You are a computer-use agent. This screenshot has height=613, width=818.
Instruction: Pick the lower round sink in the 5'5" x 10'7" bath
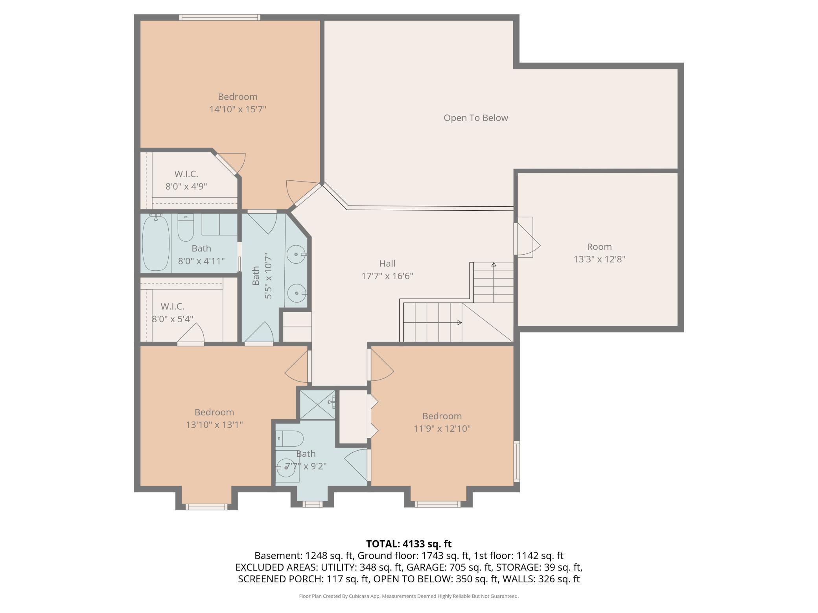(297, 293)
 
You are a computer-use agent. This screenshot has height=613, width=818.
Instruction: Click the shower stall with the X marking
(318, 405)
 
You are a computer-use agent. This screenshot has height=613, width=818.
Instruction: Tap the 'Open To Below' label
(476, 118)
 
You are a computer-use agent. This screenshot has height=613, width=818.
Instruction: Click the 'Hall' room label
(387, 264)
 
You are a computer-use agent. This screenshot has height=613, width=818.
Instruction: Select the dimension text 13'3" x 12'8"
(599, 259)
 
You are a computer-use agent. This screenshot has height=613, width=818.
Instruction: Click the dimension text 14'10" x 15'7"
(238, 109)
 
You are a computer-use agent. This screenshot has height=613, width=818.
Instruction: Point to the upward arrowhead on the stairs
(494, 264)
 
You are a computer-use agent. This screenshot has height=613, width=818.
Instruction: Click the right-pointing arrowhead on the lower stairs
(459, 323)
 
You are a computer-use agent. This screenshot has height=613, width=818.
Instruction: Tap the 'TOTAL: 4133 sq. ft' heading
(409, 544)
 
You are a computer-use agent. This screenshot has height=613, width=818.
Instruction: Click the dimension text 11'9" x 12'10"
(442, 429)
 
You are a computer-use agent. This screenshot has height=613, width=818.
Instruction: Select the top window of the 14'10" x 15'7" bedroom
(220, 17)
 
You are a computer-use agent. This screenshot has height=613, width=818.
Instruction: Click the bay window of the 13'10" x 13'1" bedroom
(206, 507)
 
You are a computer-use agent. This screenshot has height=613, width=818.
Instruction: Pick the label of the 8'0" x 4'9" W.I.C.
(186, 174)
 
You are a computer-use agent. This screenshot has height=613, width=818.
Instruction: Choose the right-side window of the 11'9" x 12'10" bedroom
(517, 461)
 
